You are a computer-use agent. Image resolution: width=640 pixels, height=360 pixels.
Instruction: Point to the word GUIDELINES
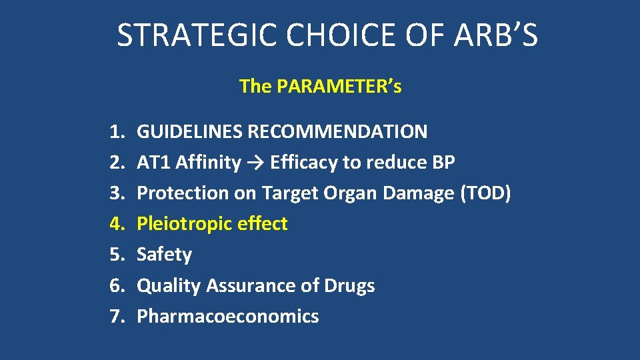tap(190, 132)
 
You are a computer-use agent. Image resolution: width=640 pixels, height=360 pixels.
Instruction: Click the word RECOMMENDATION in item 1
tap(337, 132)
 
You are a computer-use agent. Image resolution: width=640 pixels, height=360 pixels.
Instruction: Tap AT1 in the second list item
tap(154, 163)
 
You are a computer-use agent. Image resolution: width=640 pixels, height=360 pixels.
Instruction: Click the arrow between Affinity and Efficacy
tap(255, 163)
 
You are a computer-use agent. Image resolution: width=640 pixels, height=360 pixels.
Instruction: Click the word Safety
tap(164, 255)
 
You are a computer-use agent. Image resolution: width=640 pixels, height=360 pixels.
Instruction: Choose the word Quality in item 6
tap(169, 285)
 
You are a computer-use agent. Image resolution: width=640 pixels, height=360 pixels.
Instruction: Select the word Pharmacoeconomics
tap(227, 316)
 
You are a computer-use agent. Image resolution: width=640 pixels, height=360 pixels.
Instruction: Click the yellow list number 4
tap(117, 224)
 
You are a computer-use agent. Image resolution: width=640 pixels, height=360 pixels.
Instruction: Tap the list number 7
tap(117, 316)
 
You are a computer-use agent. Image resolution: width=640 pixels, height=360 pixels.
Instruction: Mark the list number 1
tap(117, 132)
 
